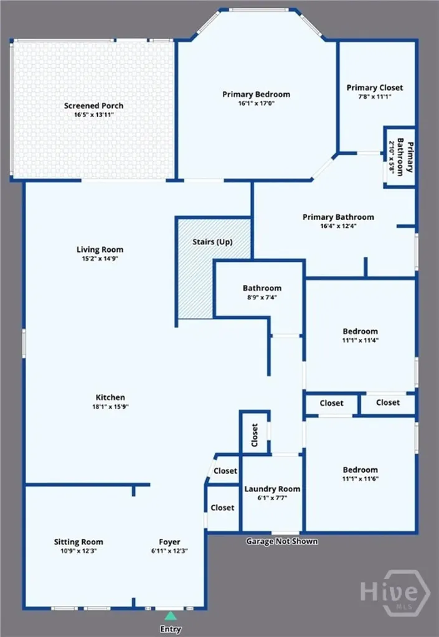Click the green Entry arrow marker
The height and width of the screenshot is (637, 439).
171,615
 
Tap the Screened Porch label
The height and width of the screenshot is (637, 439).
93,106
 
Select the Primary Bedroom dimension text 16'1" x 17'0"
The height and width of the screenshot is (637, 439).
256,103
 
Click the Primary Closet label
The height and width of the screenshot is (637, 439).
375,87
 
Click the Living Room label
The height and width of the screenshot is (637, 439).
100,249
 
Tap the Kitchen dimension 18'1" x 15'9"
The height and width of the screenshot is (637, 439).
110,406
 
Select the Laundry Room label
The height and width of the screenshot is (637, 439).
272,489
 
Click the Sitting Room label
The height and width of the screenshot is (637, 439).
78,542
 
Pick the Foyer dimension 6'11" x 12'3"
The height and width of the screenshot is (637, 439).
169,551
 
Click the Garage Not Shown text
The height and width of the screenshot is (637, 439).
281,541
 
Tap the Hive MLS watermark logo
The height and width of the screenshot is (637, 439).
394,593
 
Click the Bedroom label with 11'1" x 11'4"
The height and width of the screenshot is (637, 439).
360,331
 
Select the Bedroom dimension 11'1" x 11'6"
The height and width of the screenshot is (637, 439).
360,478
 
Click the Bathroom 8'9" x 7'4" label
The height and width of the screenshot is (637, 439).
262,288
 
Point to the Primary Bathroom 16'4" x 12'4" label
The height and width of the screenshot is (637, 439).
338,217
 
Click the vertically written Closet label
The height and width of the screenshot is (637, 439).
255,435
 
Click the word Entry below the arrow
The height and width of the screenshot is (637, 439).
171,629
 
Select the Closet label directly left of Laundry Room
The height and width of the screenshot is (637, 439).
222,508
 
